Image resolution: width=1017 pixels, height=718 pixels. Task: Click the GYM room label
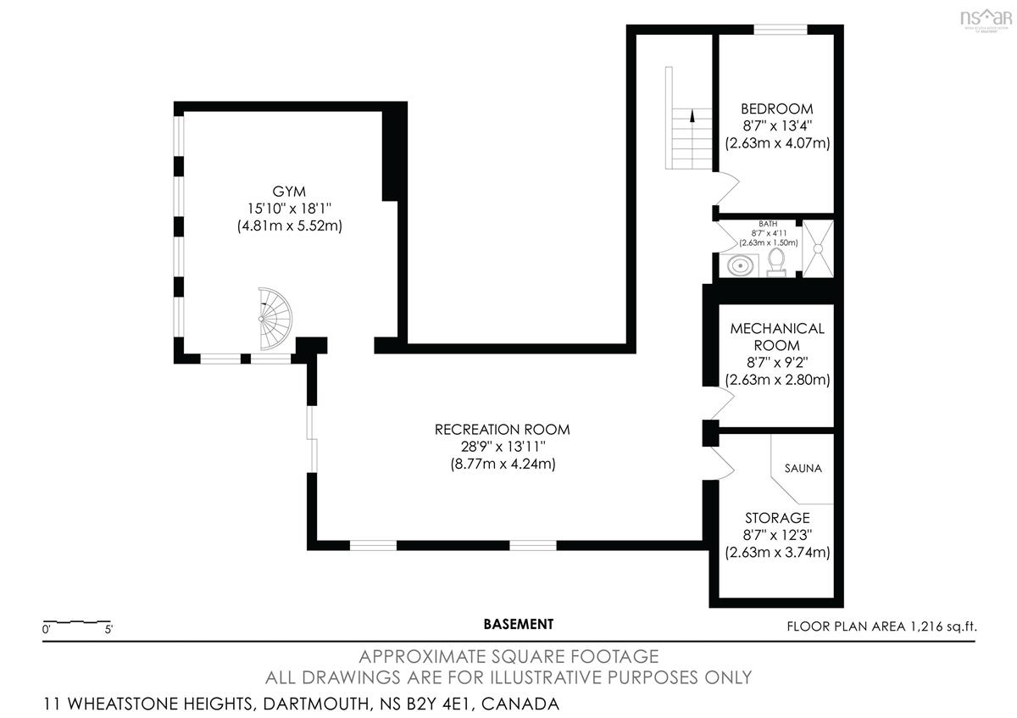(289, 192)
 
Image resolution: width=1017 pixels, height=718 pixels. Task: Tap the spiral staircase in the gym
(275, 319)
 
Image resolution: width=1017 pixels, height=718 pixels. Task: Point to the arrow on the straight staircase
(692, 116)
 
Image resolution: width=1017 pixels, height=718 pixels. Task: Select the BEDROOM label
(777, 109)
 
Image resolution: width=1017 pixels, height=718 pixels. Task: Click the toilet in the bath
(776, 262)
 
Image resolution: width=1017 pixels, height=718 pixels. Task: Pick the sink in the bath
(740, 265)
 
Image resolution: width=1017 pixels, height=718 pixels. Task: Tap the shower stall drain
(818, 248)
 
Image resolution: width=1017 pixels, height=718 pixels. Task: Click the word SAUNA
(803, 468)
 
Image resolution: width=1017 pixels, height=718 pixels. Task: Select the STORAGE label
(777, 518)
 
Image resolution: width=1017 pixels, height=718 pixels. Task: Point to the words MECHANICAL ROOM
(777, 337)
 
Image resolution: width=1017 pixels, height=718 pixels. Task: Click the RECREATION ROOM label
(502, 430)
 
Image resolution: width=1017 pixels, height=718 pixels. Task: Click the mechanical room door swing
(723, 403)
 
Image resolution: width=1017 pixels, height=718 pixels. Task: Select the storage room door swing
(723, 463)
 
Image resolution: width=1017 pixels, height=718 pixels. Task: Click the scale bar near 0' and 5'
(77, 621)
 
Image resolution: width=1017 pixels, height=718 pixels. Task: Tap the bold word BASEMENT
(519, 625)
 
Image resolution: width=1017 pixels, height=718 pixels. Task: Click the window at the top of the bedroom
(781, 30)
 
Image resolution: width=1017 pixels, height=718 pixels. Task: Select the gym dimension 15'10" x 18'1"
(289, 209)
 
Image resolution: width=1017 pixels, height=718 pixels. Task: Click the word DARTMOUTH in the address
(316, 704)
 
